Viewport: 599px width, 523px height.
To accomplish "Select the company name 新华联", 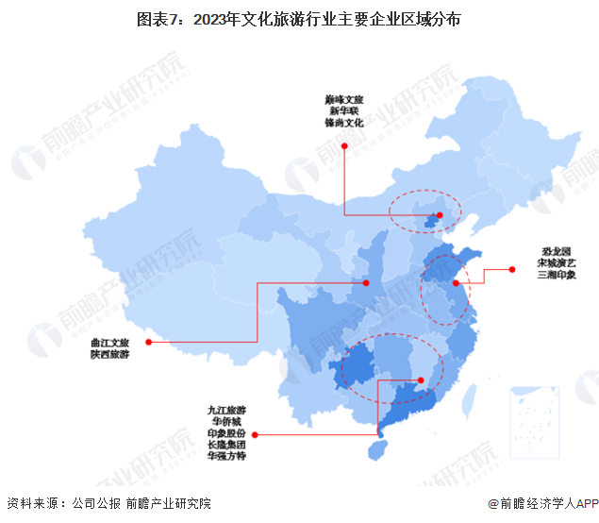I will pyautogui.click(x=344, y=111).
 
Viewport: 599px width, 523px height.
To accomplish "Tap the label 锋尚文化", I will pyautogui.click(x=344, y=124).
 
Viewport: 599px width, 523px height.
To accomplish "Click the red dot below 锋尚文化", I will pyautogui.click(x=345, y=146).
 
